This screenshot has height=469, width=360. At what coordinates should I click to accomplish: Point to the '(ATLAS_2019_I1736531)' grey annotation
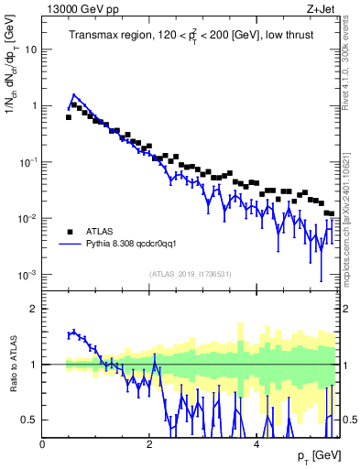click(191, 274)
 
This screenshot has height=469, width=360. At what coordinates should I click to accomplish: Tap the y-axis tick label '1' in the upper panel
click(34, 105)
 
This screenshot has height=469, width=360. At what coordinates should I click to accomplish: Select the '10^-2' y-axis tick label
click(27, 218)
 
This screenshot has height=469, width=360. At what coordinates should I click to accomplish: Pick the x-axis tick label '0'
click(43, 443)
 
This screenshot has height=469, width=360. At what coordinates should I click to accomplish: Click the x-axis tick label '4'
click(256, 443)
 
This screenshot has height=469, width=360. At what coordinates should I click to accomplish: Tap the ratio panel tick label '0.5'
click(30, 420)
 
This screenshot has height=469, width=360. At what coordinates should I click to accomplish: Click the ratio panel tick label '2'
click(34, 309)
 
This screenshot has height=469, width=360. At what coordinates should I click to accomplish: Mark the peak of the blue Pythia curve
click(73, 94)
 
